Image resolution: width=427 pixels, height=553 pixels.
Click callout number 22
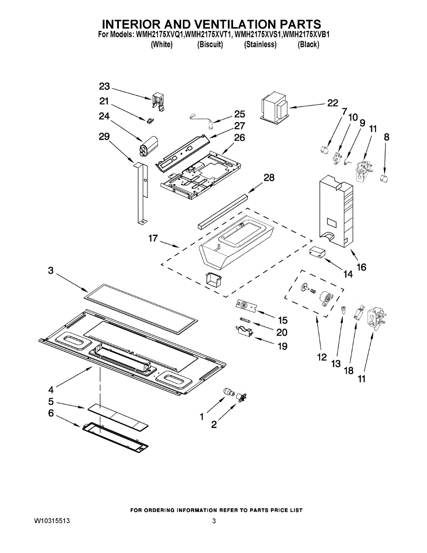click(332, 103)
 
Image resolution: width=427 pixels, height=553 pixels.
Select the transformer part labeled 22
click(275, 109)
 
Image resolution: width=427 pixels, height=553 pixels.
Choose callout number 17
click(153, 239)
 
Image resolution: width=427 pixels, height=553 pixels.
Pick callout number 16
click(361, 267)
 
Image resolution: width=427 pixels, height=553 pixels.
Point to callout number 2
click(214, 425)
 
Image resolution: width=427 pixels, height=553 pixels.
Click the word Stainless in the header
click(260, 45)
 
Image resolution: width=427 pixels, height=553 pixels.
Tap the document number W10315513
click(52, 521)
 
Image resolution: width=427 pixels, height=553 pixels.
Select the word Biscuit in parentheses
click(210, 45)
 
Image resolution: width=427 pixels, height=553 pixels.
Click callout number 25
click(240, 114)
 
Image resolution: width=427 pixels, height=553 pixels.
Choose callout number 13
click(335, 364)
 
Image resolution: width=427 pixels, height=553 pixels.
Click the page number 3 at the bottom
click(214, 521)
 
